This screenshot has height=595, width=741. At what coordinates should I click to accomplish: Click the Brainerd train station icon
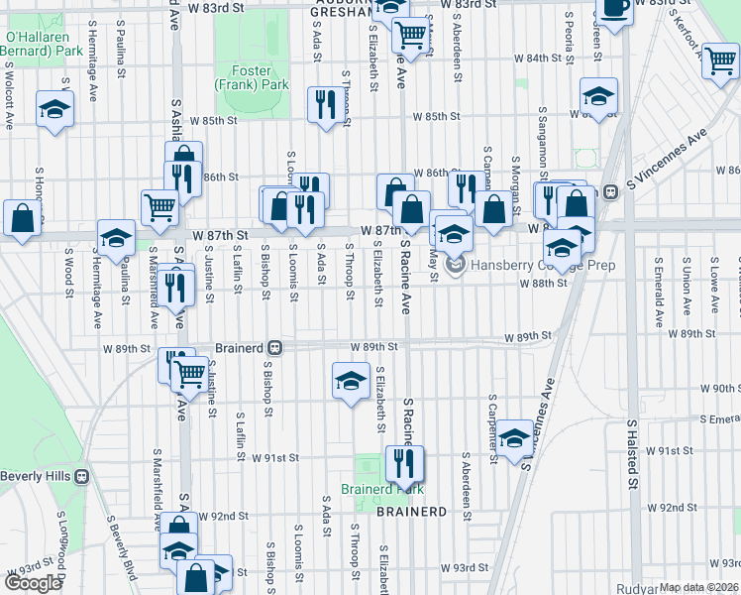click(x=276, y=349)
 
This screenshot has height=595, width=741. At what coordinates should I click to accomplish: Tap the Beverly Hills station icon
click(x=82, y=476)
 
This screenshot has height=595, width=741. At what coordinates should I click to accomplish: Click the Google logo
click(x=33, y=583)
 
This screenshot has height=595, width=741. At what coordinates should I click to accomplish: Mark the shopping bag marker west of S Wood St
click(x=22, y=218)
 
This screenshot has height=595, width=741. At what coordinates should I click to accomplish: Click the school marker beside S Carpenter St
click(x=515, y=437)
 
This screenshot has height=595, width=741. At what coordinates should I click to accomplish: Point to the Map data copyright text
click(x=699, y=587)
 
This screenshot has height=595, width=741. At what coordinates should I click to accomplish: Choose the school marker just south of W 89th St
click(x=350, y=381)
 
